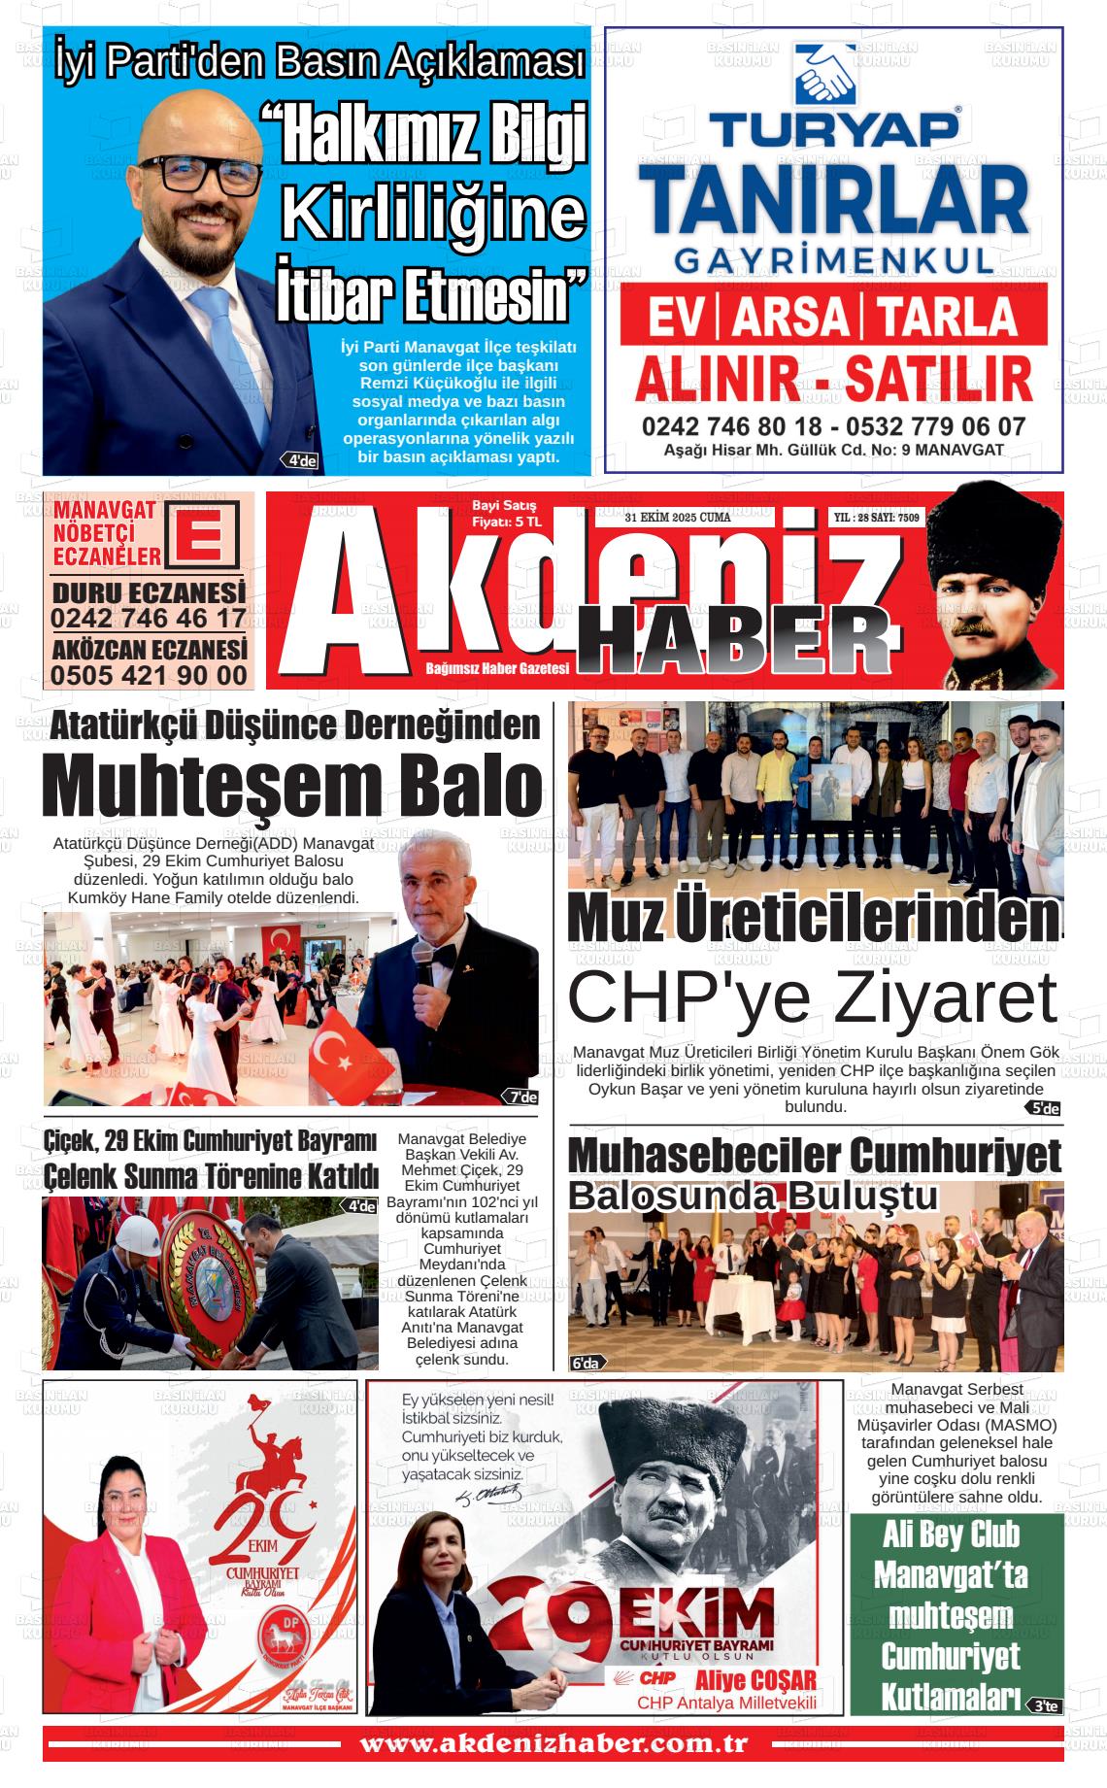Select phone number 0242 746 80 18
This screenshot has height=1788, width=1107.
coord(731,426)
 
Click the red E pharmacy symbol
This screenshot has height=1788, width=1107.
coord(207,533)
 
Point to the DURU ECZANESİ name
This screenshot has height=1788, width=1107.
coord(149,592)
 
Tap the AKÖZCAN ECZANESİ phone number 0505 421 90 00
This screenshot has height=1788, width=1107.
coord(149,674)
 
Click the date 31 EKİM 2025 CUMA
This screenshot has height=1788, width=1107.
coord(678,518)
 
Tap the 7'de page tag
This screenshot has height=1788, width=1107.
coord(521,1097)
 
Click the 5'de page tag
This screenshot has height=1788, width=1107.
coord(1044,1108)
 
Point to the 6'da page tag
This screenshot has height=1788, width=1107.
coord(587,1363)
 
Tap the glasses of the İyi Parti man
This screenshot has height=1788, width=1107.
coord(198,176)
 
